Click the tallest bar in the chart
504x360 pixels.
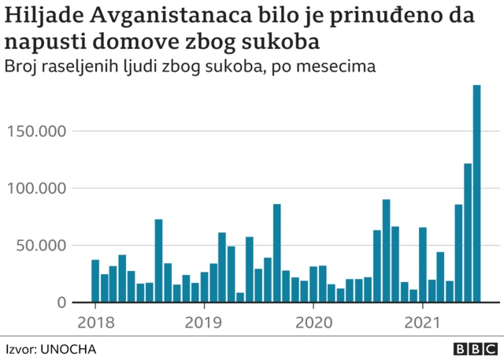[x=476, y=194]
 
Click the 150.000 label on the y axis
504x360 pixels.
[x=35, y=131]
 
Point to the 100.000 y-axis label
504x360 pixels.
[x=35, y=188]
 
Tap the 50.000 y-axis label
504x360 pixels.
[x=39, y=245]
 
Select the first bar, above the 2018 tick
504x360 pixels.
[x=95, y=281]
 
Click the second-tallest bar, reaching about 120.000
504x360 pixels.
[x=468, y=233]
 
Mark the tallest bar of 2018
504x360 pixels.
[x=158, y=261]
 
